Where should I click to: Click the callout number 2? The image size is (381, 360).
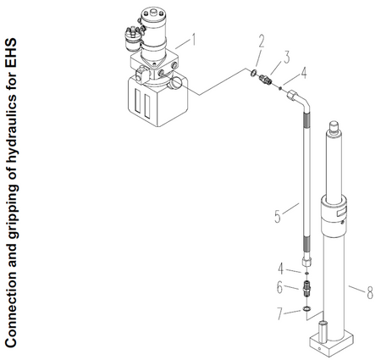pos(262,40)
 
